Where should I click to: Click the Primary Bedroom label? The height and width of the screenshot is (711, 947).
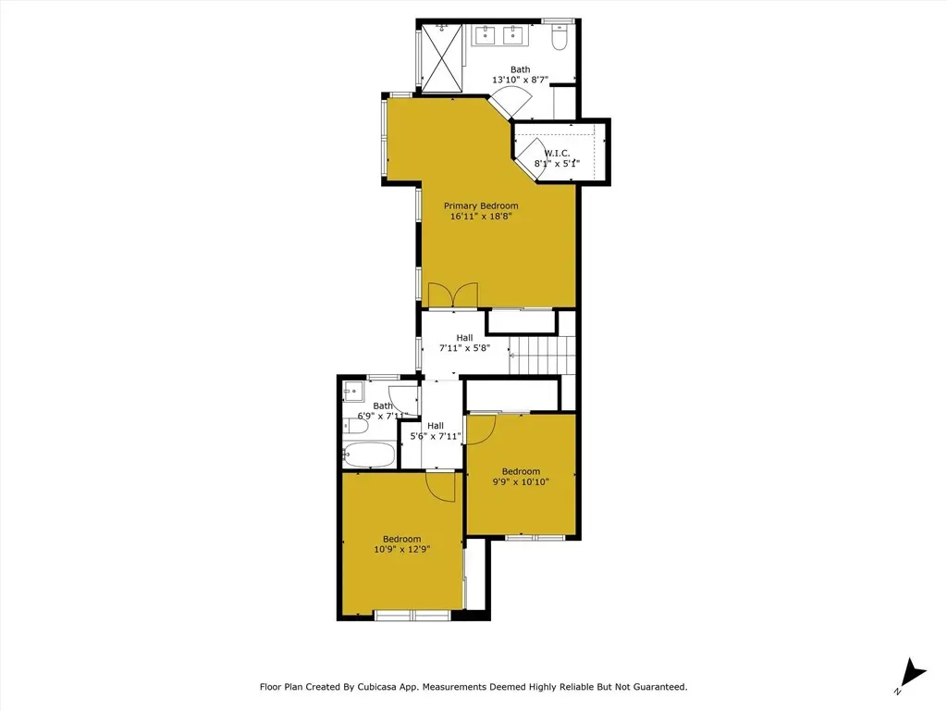[x=481, y=206]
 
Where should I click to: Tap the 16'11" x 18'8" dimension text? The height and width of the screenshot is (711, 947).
[x=481, y=216]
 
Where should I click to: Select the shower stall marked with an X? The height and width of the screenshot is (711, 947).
[x=441, y=58]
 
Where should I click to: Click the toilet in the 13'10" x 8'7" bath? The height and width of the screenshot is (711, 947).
[x=560, y=37]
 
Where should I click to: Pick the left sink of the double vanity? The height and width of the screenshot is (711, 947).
[x=486, y=35]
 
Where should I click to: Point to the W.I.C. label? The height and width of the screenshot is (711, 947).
[x=557, y=153]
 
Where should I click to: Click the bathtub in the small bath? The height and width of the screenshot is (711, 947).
[x=368, y=455]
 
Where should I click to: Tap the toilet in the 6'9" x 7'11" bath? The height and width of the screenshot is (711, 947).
[x=355, y=426]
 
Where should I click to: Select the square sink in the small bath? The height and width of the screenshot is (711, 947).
[x=353, y=392]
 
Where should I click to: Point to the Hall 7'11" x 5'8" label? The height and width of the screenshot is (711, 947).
[x=464, y=343]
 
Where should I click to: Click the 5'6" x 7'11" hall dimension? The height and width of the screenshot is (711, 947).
[x=436, y=436]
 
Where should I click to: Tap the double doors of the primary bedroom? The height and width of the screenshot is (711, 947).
[x=453, y=295]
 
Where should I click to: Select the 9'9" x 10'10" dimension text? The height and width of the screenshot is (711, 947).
[x=521, y=481]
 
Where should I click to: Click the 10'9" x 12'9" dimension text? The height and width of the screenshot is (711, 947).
[x=401, y=550]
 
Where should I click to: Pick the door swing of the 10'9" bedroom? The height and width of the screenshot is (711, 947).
[x=440, y=486]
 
